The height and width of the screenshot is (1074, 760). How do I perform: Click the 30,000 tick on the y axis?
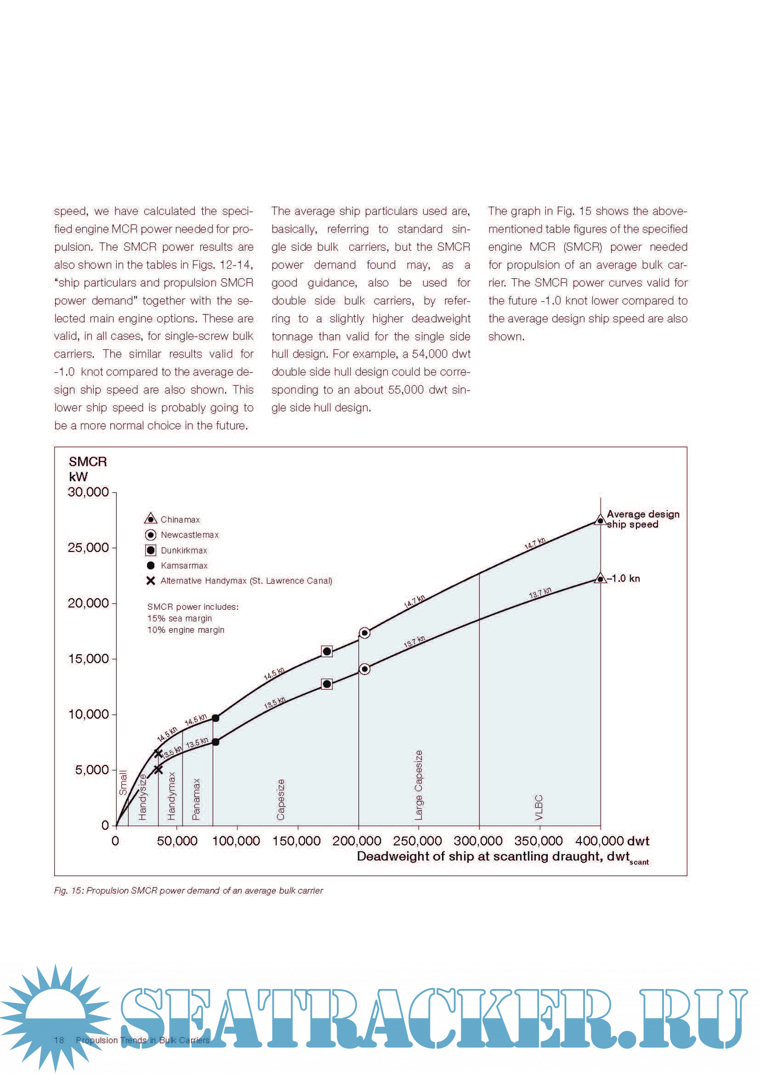(114, 493)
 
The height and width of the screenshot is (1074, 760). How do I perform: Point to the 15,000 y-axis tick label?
(88, 658)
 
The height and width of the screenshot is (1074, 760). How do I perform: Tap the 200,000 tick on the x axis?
(358, 827)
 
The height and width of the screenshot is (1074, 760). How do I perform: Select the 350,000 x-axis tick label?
(538, 841)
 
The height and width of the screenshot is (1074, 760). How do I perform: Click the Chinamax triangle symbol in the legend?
(150, 519)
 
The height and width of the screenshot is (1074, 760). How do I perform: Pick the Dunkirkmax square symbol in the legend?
(151, 550)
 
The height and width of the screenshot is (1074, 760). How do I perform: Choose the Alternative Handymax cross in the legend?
(151, 580)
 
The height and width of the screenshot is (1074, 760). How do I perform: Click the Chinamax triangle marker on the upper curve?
(601, 520)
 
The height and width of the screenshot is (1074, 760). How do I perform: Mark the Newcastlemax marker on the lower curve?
(364, 669)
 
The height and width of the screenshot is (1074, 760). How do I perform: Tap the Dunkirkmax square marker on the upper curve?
(327, 651)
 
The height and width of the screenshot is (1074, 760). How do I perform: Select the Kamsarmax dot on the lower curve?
(215, 742)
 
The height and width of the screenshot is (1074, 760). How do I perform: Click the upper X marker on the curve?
(158, 753)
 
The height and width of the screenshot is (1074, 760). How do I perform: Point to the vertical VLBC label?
(539, 807)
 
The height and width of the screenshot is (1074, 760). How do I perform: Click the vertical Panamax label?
(196, 799)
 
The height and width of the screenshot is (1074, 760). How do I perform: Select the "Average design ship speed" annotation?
(642, 519)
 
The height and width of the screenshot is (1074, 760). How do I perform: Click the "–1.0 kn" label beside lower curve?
(624, 579)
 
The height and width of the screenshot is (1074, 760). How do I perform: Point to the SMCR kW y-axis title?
(87, 469)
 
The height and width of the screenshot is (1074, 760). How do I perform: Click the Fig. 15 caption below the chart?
(188, 891)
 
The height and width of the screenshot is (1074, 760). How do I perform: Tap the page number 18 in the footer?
(59, 1040)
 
